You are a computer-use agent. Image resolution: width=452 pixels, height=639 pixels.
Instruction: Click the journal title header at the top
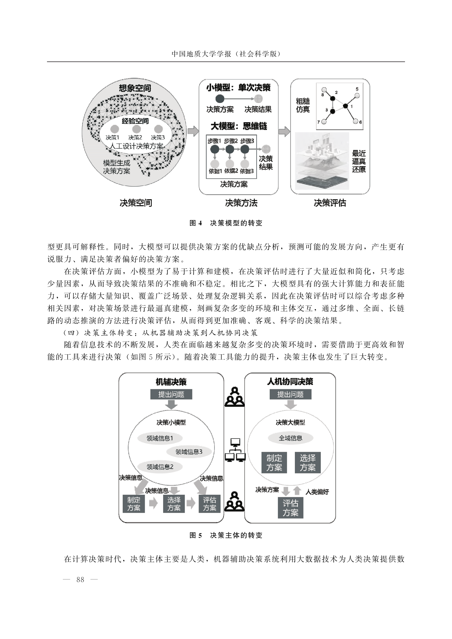point(226,54)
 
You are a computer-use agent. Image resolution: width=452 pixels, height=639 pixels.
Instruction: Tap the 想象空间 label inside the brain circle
point(135,88)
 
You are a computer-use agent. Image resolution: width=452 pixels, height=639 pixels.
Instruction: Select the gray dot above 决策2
point(136,129)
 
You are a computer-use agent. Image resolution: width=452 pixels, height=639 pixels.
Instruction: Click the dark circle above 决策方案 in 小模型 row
point(220,99)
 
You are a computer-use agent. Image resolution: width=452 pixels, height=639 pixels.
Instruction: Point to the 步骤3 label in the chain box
point(247,141)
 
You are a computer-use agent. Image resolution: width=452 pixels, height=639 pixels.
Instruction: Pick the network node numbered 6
point(356,121)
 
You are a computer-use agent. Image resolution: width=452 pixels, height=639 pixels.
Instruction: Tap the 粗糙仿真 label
point(303,105)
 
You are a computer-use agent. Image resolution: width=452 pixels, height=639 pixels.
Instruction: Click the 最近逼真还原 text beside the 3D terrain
point(359,161)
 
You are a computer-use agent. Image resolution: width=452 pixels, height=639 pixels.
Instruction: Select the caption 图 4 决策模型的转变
point(226,223)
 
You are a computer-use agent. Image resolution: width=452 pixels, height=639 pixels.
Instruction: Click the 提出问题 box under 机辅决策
point(171,394)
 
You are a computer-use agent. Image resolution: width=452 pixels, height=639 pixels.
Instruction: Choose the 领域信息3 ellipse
point(189,452)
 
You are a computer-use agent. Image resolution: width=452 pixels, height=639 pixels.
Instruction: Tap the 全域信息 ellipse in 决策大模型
point(290,438)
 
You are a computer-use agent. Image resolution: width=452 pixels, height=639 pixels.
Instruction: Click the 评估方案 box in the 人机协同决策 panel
point(290,508)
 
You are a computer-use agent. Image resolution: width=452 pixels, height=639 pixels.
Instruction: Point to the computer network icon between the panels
point(235,450)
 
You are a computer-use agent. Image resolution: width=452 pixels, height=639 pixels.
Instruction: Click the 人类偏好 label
point(317,492)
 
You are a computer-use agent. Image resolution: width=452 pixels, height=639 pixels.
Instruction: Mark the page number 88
point(80,579)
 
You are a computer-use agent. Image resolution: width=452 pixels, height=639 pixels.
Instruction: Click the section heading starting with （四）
point(161,333)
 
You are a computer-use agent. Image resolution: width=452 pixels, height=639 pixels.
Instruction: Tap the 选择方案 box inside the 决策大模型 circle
point(307,463)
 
